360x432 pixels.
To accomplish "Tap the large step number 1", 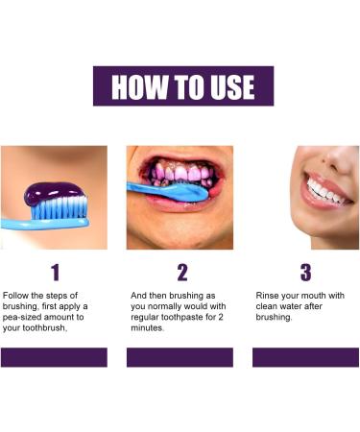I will [54, 272].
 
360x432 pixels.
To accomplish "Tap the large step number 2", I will [182, 272].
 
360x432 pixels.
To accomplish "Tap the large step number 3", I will [305, 272].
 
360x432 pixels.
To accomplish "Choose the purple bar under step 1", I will [54, 357].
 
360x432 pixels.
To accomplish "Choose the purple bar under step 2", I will [180, 357].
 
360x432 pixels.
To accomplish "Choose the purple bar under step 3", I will [305, 357].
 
